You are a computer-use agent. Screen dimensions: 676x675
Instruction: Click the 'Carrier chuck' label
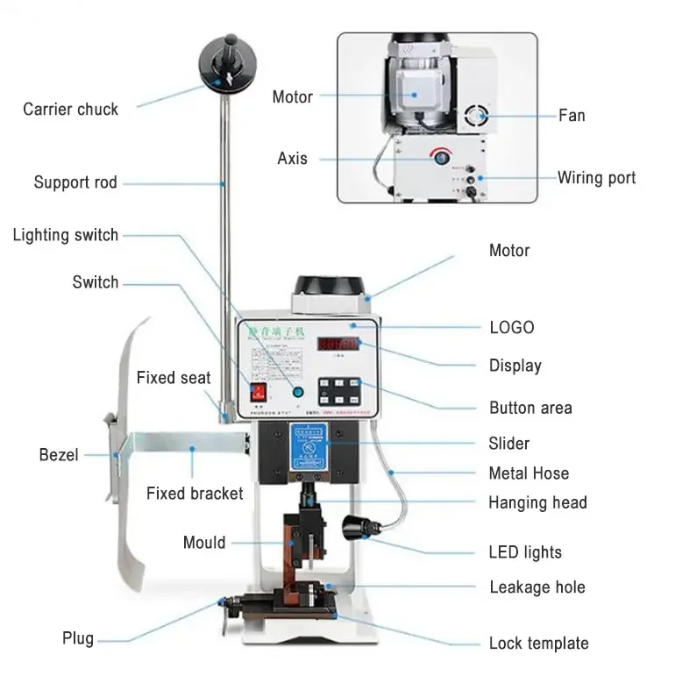pyautogui.click(x=70, y=110)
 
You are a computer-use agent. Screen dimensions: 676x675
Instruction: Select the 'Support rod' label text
pyautogui.click(x=75, y=182)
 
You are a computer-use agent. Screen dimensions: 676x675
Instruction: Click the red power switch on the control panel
pyautogui.click(x=259, y=392)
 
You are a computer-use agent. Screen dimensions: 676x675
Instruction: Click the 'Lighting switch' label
pyautogui.click(x=66, y=235)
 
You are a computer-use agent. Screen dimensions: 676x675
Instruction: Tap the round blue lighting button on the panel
pyautogui.click(x=298, y=394)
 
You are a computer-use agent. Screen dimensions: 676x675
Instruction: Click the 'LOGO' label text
pyautogui.click(x=511, y=327)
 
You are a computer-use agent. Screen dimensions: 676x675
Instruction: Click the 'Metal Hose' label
pyautogui.click(x=529, y=473)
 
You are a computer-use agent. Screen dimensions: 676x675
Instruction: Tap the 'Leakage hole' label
pyautogui.click(x=536, y=587)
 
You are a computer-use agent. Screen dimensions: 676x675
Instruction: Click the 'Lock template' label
pyautogui.click(x=538, y=644)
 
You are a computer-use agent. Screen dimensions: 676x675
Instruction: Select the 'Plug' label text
pyautogui.click(x=78, y=637)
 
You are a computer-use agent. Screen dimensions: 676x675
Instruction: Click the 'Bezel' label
pyautogui.click(x=59, y=454)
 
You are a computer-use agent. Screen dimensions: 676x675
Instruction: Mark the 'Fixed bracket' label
pyautogui.click(x=195, y=494)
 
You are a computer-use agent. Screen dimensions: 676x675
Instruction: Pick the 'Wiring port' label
pyautogui.click(x=596, y=178)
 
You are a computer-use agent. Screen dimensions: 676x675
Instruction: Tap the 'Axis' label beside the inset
pyautogui.click(x=293, y=159)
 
